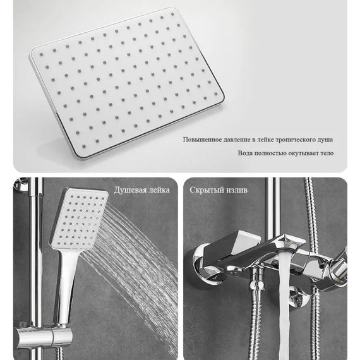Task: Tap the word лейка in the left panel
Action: coord(160,190)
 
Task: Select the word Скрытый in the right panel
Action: coord(206,190)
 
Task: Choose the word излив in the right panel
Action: coord(236,190)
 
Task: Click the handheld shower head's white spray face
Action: coord(79,219)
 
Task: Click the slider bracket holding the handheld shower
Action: coord(44,337)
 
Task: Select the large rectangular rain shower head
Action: coord(127,83)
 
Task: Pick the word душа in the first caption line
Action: coord(325,140)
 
